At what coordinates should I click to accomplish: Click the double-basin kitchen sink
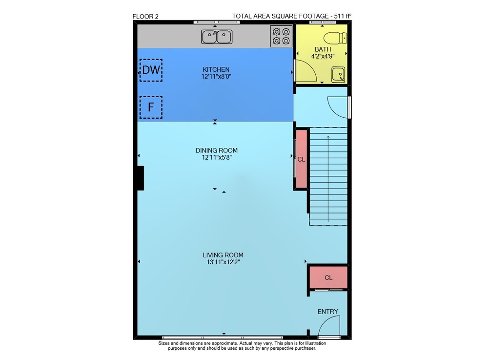click(x=217, y=37)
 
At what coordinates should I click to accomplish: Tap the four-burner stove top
click(x=282, y=36)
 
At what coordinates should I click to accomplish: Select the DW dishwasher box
click(x=151, y=70)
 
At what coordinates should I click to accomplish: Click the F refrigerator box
click(x=151, y=107)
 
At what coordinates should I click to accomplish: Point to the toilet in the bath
click(x=336, y=38)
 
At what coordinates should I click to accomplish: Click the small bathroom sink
click(x=338, y=75)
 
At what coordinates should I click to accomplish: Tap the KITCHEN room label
click(x=216, y=69)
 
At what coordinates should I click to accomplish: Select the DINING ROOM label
click(x=217, y=150)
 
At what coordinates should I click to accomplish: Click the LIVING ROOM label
click(x=223, y=255)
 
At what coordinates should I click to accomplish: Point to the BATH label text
click(x=323, y=49)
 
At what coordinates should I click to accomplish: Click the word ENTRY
click(x=328, y=312)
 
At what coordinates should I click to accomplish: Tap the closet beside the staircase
click(x=301, y=159)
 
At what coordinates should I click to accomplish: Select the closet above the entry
click(x=328, y=277)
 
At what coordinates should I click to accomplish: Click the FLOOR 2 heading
click(x=145, y=17)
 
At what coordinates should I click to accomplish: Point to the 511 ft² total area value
click(x=343, y=16)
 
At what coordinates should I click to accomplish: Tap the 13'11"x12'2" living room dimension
click(x=223, y=262)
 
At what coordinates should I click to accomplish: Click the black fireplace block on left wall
click(x=141, y=178)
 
